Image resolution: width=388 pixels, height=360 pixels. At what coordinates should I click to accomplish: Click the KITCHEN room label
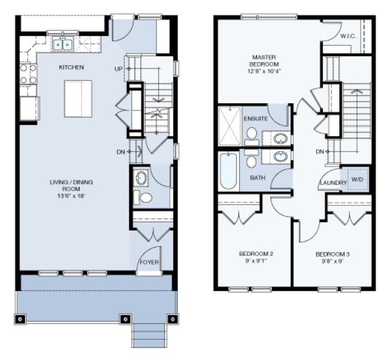(x=72, y=67)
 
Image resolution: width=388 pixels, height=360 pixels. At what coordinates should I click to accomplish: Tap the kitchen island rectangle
(x=78, y=99)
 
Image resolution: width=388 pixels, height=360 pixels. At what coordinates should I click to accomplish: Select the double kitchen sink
(x=63, y=44)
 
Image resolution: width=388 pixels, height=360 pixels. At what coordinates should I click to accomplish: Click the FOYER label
(x=149, y=262)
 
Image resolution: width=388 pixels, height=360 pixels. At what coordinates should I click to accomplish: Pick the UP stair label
(x=119, y=69)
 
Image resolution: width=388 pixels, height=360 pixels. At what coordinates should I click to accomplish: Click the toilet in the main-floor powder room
(x=143, y=197)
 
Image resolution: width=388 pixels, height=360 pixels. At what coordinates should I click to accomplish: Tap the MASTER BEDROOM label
(x=264, y=60)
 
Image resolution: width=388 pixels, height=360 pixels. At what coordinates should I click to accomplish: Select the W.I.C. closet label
(x=348, y=36)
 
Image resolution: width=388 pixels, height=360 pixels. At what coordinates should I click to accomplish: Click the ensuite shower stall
(x=230, y=126)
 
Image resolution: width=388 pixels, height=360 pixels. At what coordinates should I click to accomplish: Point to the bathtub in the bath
(x=228, y=171)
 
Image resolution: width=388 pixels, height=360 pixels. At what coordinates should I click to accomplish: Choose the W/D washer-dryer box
(x=357, y=179)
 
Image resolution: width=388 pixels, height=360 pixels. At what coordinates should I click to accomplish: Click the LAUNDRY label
(x=333, y=183)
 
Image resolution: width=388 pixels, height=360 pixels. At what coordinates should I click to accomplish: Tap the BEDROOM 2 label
(x=256, y=254)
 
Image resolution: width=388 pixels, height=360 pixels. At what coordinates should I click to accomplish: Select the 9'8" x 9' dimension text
(x=333, y=261)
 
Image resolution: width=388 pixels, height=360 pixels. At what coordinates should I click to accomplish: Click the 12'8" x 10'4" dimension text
(x=264, y=72)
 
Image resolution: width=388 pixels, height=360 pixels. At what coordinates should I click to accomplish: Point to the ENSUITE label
(x=256, y=119)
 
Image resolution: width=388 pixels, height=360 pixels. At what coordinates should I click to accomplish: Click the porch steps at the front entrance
(x=149, y=335)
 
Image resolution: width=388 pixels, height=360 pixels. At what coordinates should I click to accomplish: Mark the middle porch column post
(x=125, y=319)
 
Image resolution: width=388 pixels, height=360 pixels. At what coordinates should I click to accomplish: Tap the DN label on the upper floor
(x=320, y=151)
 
